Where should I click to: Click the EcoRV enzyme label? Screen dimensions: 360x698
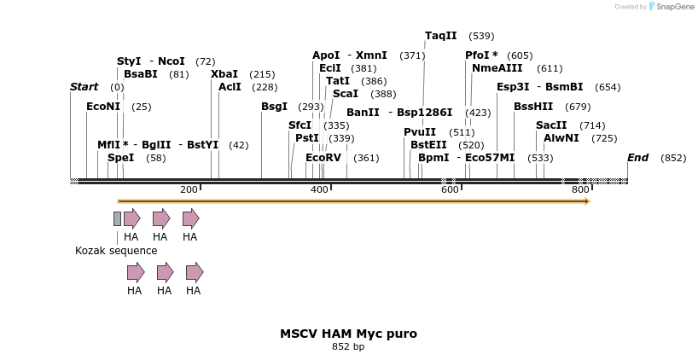coord(323,158)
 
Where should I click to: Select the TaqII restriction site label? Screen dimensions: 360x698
coord(441,36)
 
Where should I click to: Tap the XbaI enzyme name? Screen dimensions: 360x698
coord(224,74)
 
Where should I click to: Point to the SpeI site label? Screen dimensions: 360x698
coord(120,158)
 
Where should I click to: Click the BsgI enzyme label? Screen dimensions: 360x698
coord(274,107)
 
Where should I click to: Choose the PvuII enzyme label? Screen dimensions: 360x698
coord(420,132)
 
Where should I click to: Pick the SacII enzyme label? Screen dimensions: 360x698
coord(551,125)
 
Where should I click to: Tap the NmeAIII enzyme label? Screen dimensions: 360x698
coord(497,68)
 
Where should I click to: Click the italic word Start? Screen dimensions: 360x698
coord(84,87)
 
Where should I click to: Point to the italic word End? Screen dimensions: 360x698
coord(637,158)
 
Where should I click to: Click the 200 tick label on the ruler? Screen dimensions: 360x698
coord(189,189)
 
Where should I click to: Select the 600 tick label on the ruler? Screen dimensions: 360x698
coord(450,189)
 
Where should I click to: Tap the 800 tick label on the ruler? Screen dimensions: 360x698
coord(580,189)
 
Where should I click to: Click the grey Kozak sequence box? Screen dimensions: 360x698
coord(117,218)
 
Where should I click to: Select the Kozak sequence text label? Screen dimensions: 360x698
coord(116,251)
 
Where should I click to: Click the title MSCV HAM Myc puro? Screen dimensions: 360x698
coord(348,334)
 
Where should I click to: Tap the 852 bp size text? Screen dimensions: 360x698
coord(348,347)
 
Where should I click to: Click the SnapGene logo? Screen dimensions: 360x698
coord(670,7)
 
